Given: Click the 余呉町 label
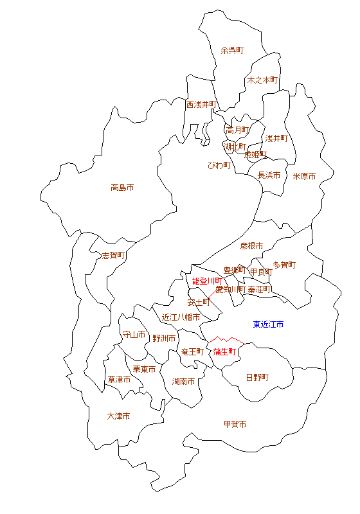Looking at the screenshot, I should pyautogui.click(x=232, y=50).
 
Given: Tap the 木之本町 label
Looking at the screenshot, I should pyautogui.click(x=262, y=80).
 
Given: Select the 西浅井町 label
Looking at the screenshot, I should pyautogui.click(x=201, y=104).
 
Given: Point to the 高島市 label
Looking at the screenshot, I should pyautogui.click(x=122, y=188).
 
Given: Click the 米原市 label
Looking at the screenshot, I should pyautogui.click(x=305, y=176).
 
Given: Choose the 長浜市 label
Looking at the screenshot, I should pyautogui.click(x=269, y=175).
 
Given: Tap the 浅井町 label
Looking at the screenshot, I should pyautogui.click(x=276, y=138).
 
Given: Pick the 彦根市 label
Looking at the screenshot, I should pyautogui.click(x=251, y=245).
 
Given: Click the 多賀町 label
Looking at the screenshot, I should pyautogui.click(x=284, y=264).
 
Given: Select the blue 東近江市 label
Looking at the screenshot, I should pyautogui.click(x=268, y=324).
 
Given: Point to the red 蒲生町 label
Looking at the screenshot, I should pyautogui.click(x=225, y=351).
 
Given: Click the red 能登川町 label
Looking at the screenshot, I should pyautogui.click(x=207, y=281).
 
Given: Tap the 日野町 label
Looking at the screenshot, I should pyautogui.click(x=257, y=377).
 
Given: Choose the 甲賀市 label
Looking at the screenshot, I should pyautogui.click(x=235, y=424).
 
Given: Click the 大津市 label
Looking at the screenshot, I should pyautogui.click(x=118, y=416).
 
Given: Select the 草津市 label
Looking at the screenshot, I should pyautogui.click(x=119, y=380).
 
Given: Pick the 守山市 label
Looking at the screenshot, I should pyautogui.click(x=134, y=335).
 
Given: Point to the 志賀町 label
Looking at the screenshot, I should pyautogui.click(x=113, y=255).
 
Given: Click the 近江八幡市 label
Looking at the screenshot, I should pyautogui.click(x=181, y=317).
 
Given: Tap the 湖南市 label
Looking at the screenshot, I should pyautogui.click(x=184, y=381).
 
